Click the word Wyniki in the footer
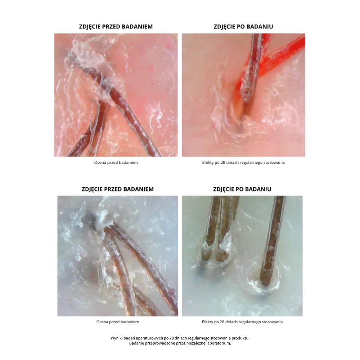point(116,338)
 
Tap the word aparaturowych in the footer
point(147,338)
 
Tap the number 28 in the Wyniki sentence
point(172,338)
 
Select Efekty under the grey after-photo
point(207,322)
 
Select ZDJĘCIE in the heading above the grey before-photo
point(91,189)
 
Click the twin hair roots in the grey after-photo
point(215,255)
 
